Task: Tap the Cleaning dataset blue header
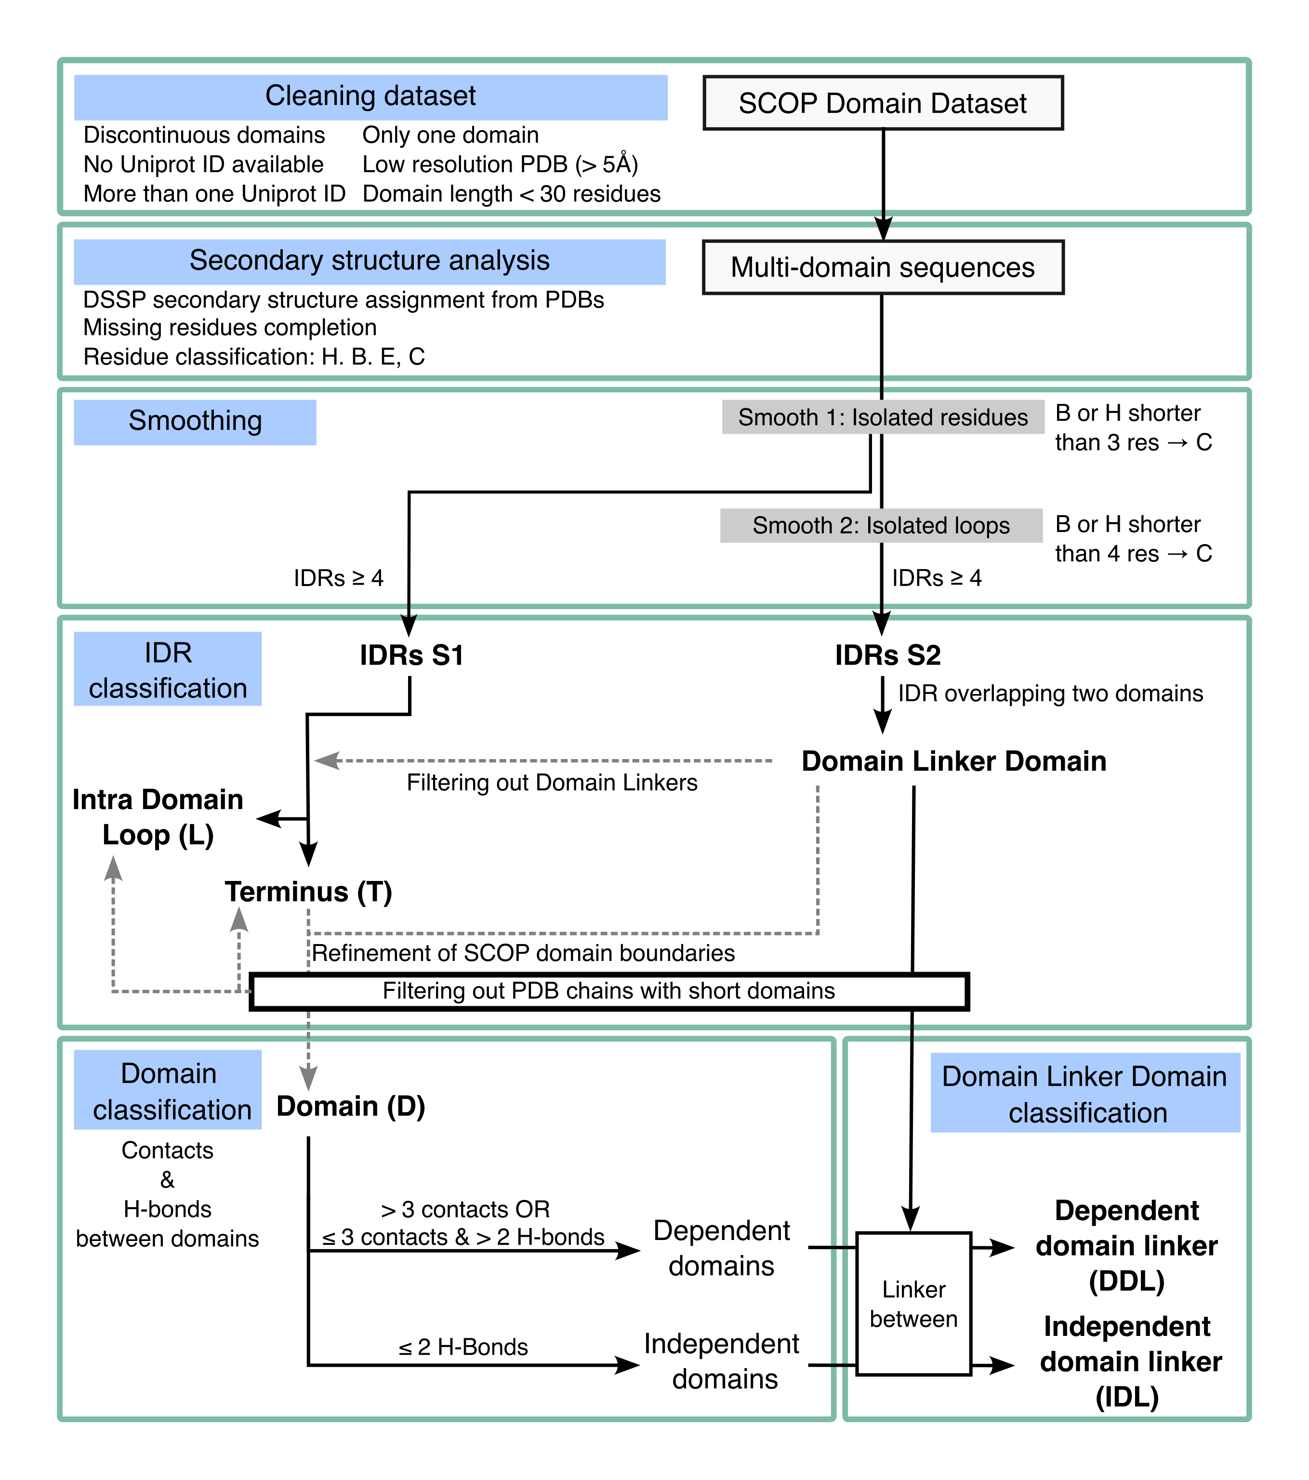pyautogui.click(x=370, y=97)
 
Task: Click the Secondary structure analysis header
pyautogui.click(x=369, y=261)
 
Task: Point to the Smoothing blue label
pyautogui.click(x=195, y=421)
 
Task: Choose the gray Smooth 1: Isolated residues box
pyautogui.click(x=883, y=417)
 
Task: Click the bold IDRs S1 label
pyautogui.click(x=411, y=655)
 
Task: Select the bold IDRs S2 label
pyautogui.click(x=887, y=655)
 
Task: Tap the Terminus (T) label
pyautogui.click(x=308, y=892)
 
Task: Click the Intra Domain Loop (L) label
pyautogui.click(x=158, y=817)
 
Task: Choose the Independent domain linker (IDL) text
pyautogui.click(x=1129, y=1361)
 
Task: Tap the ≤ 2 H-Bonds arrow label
pyautogui.click(x=463, y=1347)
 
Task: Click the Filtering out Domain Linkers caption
pyautogui.click(x=552, y=783)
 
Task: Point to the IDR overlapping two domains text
pyautogui.click(x=1050, y=693)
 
